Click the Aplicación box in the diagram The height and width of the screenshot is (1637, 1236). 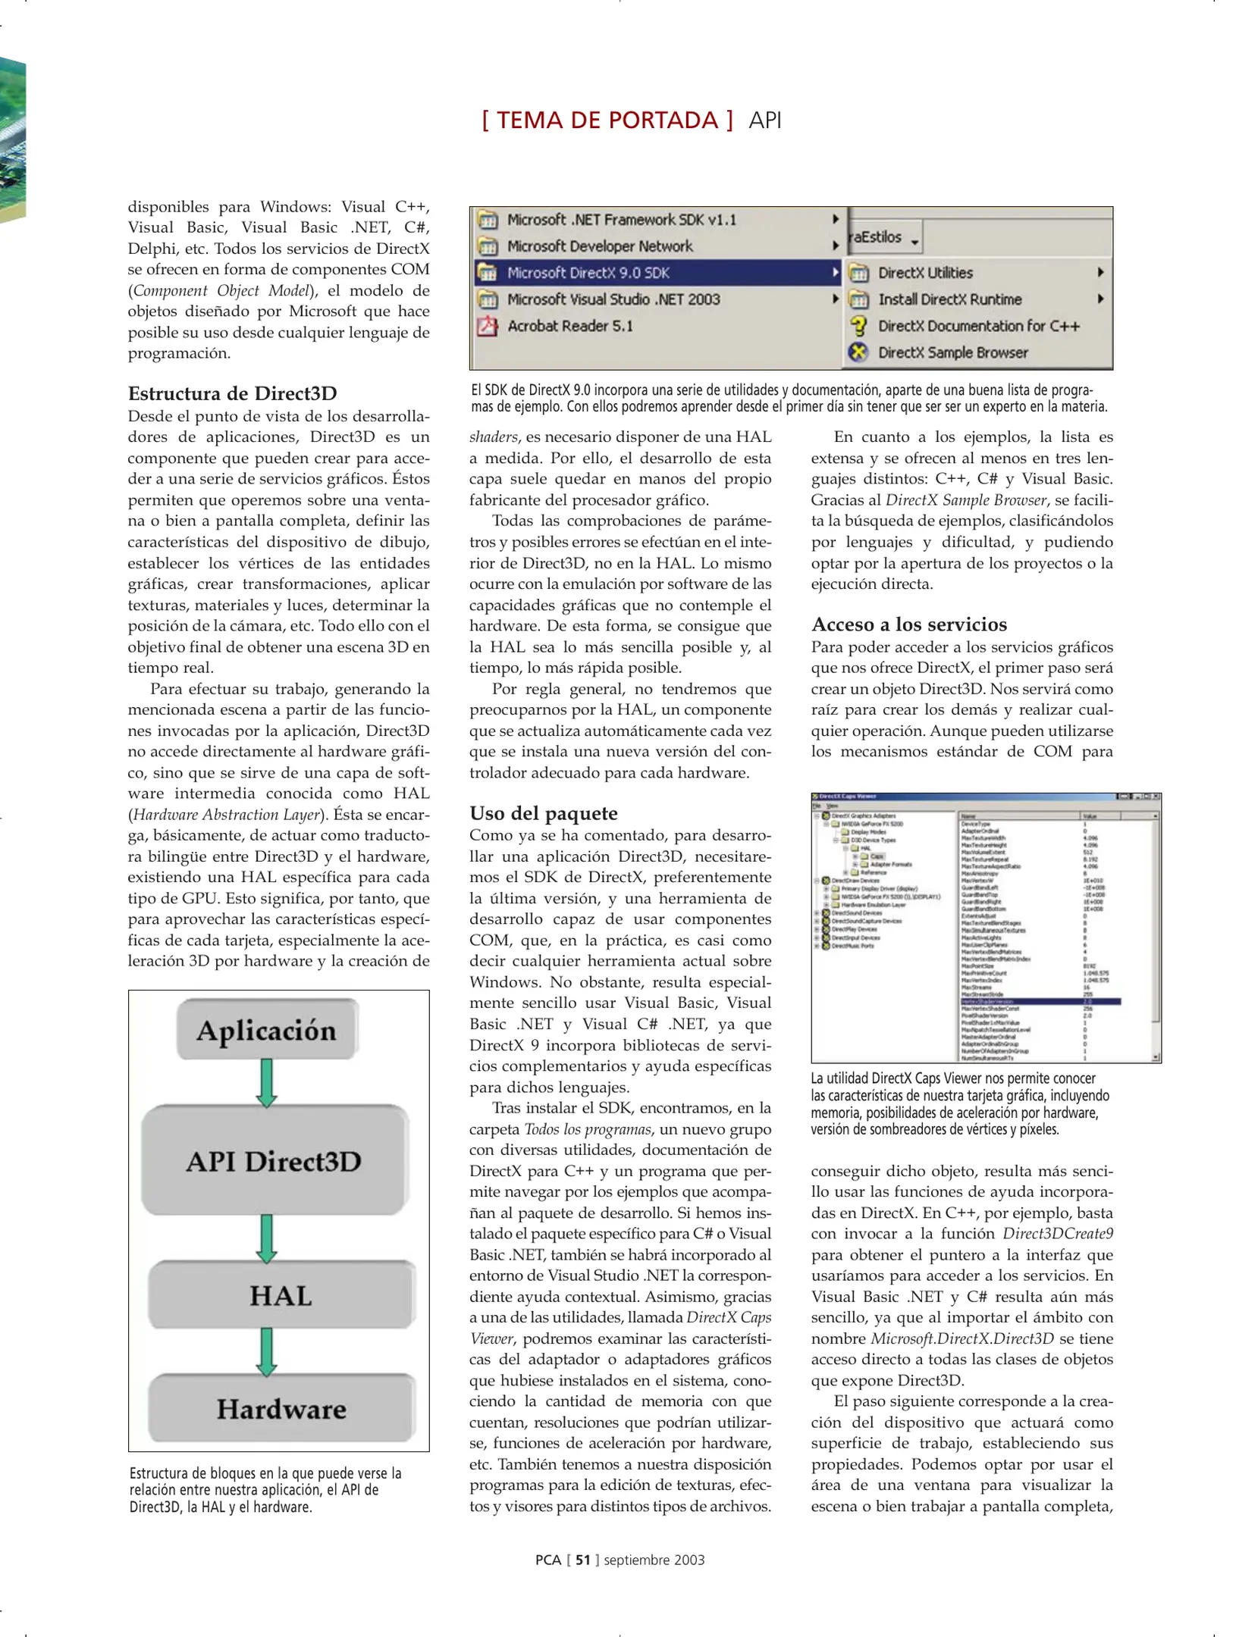click(x=266, y=1029)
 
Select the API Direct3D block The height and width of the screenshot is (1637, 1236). click(x=274, y=1160)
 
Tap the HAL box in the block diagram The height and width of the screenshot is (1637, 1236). click(x=281, y=1294)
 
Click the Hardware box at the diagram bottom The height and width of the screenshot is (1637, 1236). click(x=281, y=1408)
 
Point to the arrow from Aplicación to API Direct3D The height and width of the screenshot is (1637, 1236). click(x=266, y=1082)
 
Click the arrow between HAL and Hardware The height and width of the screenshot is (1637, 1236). click(x=266, y=1351)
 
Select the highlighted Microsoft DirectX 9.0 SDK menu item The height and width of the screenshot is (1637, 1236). click(x=588, y=273)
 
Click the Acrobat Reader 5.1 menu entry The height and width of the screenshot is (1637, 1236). click(x=569, y=326)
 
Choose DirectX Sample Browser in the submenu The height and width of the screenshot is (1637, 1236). click(x=952, y=352)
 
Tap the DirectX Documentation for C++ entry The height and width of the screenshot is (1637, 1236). click(x=978, y=326)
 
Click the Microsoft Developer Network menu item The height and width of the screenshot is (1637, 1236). click(x=599, y=246)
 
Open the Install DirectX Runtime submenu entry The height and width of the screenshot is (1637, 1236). click(x=949, y=299)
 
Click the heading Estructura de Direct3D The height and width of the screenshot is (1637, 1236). click(x=232, y=393)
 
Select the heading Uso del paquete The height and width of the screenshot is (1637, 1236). click(x=543, y=813)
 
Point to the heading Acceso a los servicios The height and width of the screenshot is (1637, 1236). click(x=908, y=624)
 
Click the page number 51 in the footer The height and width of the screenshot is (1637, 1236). click(x=582, y=1560)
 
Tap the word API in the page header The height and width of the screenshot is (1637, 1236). click(x=764, y=121)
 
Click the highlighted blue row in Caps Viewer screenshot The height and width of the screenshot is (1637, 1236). click(x=1040, y=1001)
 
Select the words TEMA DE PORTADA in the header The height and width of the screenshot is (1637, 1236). click(x=607, y=121)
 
